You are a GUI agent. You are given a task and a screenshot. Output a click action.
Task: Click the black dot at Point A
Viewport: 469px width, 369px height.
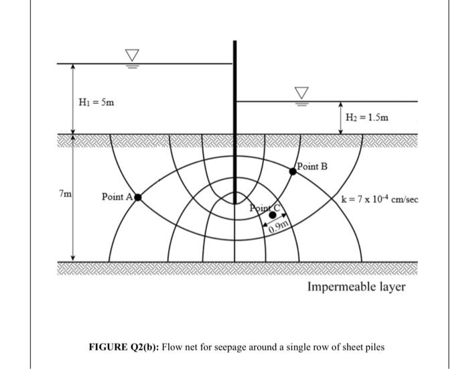138,197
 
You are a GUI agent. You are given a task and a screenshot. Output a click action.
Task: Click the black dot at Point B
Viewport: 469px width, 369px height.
293,171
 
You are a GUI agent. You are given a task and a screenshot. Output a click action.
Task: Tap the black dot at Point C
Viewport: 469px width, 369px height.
272,216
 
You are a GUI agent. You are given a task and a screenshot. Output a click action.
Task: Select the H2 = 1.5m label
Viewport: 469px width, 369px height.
366,119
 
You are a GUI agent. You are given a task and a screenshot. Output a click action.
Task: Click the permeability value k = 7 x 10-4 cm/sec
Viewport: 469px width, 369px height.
379,199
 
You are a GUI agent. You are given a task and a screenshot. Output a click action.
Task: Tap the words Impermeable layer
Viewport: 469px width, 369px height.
356,287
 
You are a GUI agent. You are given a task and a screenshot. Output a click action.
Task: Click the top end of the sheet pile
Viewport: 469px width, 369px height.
234,42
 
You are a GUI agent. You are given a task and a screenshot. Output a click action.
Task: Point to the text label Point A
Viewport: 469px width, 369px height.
117,197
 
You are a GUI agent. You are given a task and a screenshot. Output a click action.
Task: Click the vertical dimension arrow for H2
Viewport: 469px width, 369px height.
340,118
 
